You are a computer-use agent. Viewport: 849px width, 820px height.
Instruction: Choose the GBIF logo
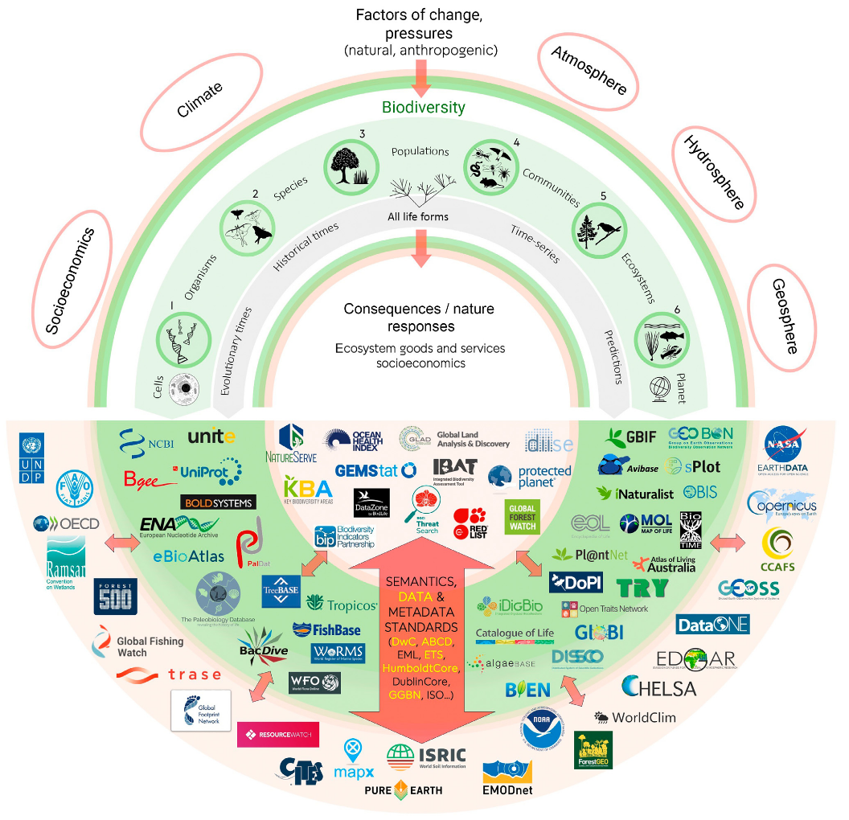(x=631, y=437)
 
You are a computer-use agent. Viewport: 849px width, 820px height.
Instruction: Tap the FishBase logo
(x=326, y=629)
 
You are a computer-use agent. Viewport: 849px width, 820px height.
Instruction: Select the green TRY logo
(x=642, y=588)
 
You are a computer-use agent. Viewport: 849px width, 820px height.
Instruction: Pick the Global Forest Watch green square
(x=521, y=515)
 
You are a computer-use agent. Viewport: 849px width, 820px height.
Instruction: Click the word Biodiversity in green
(x=423, y=107)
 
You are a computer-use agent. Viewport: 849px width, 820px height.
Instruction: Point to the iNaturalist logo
(x=635, y=493)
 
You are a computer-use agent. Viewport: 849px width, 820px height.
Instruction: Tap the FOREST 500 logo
(x=116, y=596)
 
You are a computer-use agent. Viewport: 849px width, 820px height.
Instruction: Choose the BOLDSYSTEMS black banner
(x=218, y=502)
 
